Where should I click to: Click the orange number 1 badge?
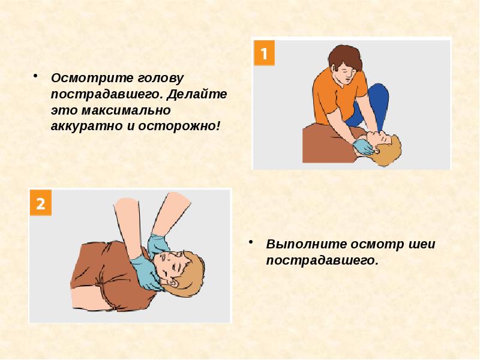(264, 53)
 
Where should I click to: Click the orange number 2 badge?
(41, 203)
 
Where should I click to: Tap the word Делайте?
(197, 94)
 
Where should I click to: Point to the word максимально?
(126, 110)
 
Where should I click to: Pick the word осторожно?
(179, 126)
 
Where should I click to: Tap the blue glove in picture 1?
(363, 147)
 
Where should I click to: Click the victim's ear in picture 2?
(173, 283)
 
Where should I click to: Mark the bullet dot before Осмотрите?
(36, 76)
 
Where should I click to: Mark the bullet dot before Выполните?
(251, 242)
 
